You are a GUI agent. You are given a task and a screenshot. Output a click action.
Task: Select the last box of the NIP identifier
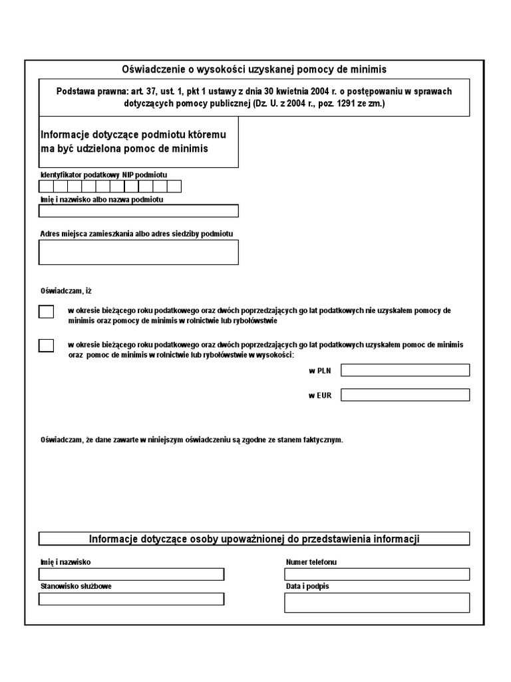tap(174, 186)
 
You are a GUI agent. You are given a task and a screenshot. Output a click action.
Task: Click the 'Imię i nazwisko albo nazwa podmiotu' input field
tap(138, 211)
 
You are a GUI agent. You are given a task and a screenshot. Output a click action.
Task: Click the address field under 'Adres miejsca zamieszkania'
tap(138, 252)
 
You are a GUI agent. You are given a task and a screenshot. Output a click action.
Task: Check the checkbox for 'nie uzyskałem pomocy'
tap(46, 312)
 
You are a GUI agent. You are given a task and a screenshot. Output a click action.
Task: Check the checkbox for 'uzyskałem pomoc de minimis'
tap(46, 345)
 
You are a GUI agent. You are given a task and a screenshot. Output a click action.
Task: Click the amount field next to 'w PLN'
tap(405, 370)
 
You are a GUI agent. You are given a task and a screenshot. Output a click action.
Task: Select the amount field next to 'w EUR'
tap(405, 395)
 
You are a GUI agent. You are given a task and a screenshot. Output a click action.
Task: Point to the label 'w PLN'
tap(319, 370)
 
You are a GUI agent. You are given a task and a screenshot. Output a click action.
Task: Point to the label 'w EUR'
tap(319, 395)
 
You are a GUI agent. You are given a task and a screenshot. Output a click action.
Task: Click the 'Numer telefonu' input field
tap(377, 574)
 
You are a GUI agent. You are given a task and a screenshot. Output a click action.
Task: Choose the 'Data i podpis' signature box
tap(377, 602)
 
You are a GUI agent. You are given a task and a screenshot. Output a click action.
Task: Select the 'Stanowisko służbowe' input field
tap(131, 599)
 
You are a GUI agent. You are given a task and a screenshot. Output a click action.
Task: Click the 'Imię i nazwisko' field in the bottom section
tap(131, 574)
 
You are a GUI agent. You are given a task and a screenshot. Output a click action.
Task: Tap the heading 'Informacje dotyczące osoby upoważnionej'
tap(254, 539)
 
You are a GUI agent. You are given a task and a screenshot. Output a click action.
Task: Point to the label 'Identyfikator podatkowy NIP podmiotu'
tap(103, 174)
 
